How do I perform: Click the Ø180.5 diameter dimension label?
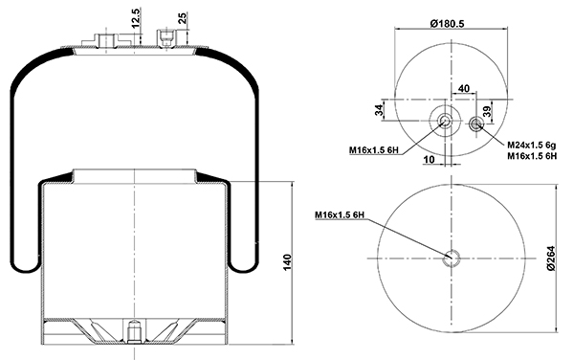click(x=448, y=24)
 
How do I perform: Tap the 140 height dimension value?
click(x=287, y=262)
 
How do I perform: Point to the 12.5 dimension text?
click(x=136, y=18)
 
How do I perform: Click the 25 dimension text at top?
click(x=182, y=18)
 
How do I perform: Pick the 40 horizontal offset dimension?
click(x=463, y=88)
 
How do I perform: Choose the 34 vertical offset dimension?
click(x=379, y=110)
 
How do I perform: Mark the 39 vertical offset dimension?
click(x=487, y=111)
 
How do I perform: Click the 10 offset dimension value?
click(x=429, y=159)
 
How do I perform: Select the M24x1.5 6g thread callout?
click(x=531, y=145)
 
